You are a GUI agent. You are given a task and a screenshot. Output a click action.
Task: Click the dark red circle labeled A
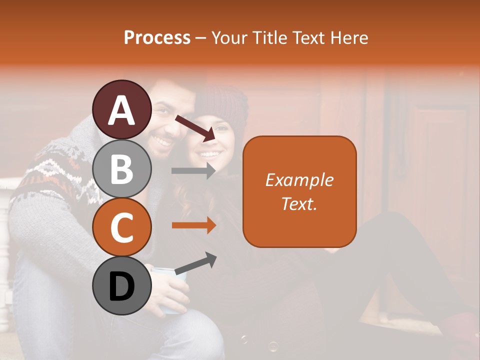pos(122,110)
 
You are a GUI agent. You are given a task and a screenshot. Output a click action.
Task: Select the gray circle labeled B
pos(122,168)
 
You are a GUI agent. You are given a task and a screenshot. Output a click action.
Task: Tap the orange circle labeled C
pos(122,227)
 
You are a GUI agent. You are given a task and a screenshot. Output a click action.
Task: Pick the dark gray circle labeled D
pos(122,286)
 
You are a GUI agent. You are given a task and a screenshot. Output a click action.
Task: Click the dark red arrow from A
pos(195,128)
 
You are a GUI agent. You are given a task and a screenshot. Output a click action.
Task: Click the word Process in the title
pos(157,37)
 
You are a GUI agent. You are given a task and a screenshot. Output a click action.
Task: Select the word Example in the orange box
pos(299,180)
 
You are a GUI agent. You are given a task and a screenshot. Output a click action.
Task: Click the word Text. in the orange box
pos(299,203)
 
